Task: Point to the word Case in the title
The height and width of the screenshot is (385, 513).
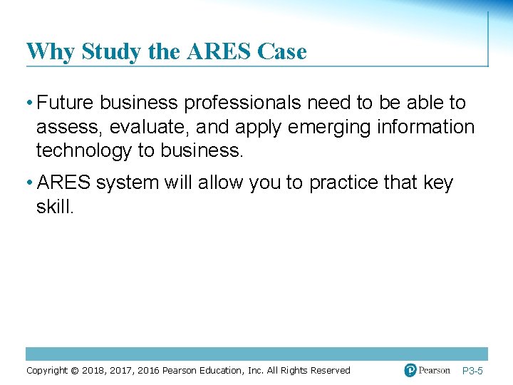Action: coord(283,52)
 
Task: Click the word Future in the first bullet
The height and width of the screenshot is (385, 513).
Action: coord(66,103)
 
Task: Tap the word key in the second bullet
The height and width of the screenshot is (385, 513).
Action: coord(439,183)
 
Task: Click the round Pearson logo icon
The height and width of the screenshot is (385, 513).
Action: coord(410,370)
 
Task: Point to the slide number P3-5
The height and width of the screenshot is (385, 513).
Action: coord(473,371)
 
